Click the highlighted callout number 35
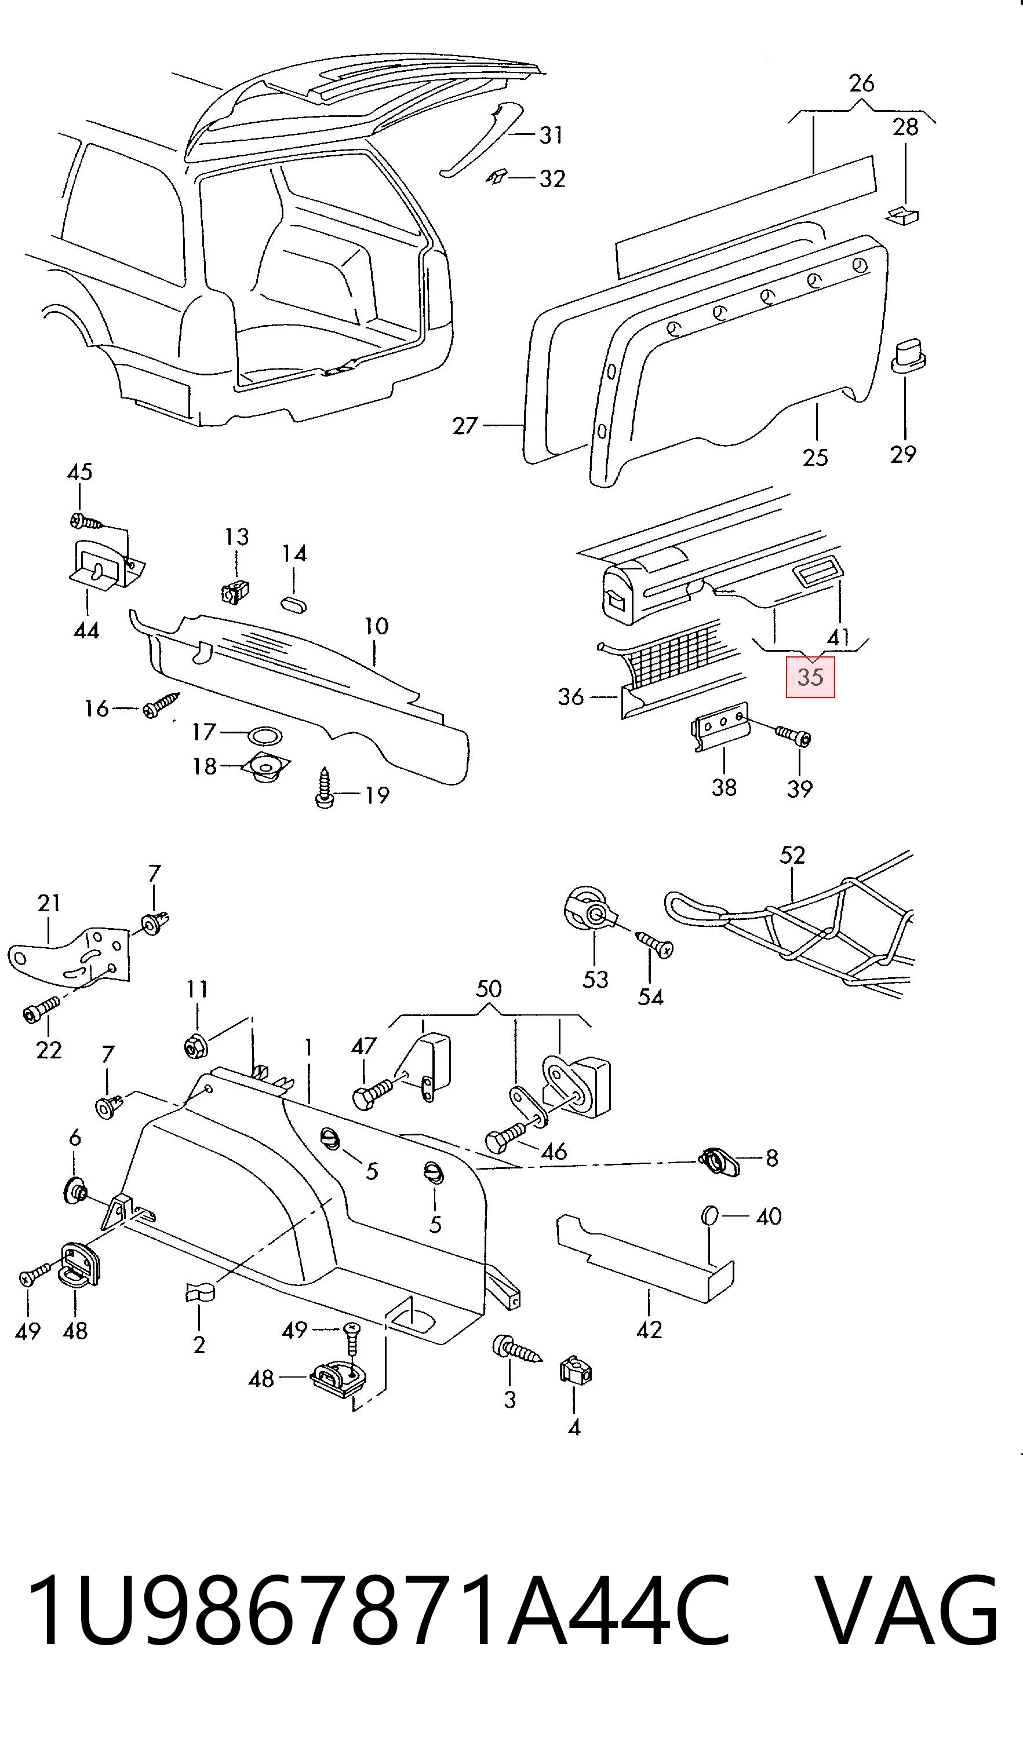[x=810, y=677]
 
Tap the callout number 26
[x=861, y=83]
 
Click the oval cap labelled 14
[x=294, y=604]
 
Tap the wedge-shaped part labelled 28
[x=902, y=215]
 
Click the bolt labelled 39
[x=793, y=735]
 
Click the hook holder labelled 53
[x=589, y=913]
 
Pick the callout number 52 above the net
[x=792, y=855]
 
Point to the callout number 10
[x=376, y=626]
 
